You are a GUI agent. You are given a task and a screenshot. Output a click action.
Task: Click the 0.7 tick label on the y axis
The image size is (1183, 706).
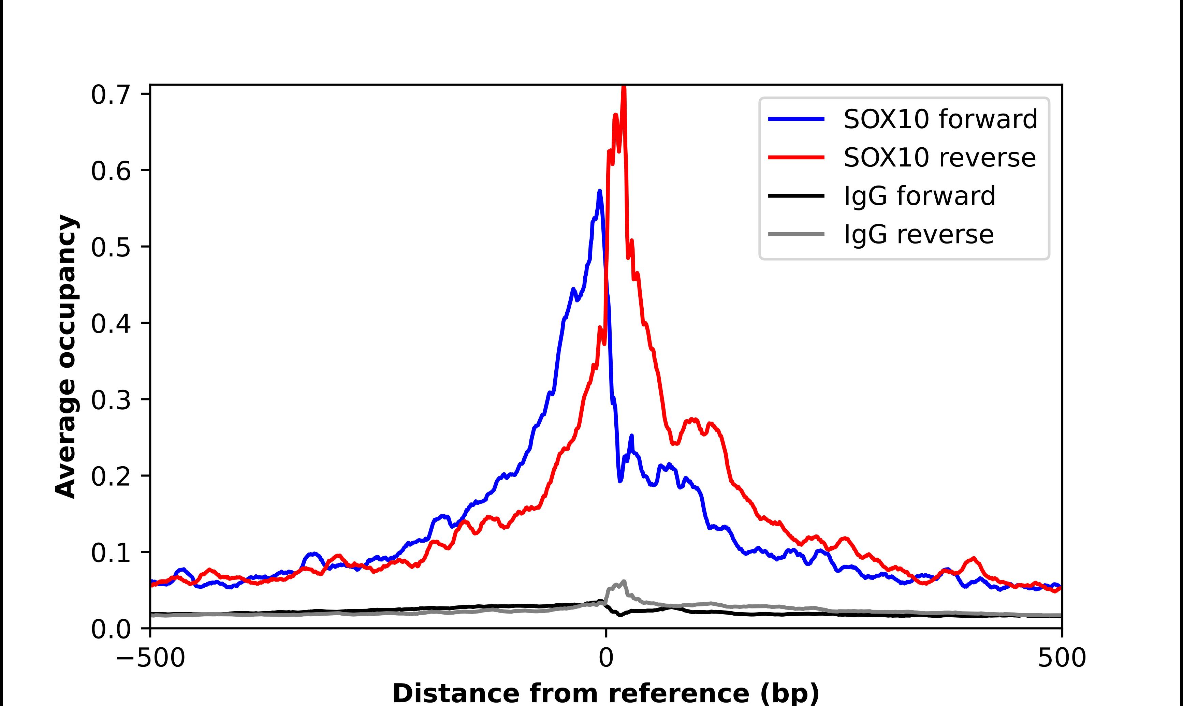111,95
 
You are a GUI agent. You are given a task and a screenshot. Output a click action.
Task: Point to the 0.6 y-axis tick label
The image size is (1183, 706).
111,171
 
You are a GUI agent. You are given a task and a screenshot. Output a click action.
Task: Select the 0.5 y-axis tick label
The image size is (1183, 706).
111,247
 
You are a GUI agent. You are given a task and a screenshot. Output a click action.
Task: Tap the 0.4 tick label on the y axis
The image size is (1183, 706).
111,324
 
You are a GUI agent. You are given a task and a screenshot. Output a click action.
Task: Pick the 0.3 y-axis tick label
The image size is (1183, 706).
111,400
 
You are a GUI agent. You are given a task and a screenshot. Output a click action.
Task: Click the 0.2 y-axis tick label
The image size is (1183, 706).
111,477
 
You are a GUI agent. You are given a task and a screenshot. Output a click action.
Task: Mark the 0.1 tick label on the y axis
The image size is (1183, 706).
111,553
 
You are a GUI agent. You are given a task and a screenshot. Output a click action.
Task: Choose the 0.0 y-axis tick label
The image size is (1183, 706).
111,629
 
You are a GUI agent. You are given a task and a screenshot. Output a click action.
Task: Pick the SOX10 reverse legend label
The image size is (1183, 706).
939,158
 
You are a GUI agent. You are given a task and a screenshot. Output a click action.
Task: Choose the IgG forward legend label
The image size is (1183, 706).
919,196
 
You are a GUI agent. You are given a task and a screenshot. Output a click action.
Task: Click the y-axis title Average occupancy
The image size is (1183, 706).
65,356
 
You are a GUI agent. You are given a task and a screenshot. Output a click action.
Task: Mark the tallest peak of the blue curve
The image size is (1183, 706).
600,191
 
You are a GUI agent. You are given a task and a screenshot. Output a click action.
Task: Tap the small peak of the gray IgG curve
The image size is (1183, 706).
624,582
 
